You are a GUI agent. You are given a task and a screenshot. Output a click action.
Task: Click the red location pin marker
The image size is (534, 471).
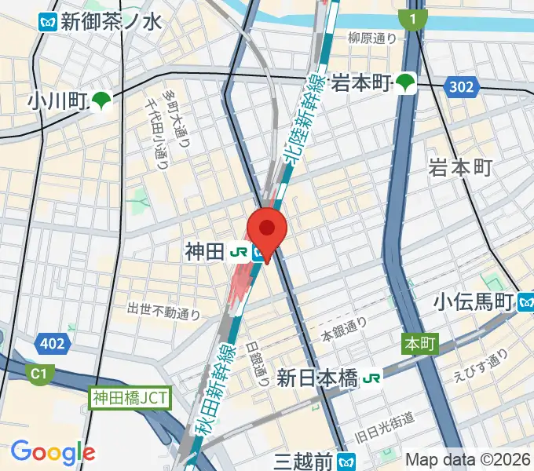pos(267,228)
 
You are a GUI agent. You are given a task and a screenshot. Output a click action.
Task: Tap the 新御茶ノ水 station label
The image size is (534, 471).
pos(110,21)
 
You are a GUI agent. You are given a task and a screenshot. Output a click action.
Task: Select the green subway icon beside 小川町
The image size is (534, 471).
pos(101,100)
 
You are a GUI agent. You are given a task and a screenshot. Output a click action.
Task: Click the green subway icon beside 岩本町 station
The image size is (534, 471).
pos(406,81)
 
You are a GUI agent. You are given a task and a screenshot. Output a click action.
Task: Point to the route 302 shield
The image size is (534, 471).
pos(463,86)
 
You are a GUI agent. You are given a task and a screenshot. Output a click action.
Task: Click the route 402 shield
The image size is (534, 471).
pos(53,342)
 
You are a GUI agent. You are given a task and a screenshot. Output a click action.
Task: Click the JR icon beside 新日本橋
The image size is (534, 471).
pos(371,378)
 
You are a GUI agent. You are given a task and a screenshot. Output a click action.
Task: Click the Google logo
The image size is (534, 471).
pos(53,452)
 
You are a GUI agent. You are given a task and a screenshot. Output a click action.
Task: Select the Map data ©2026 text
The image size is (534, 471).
pos(467,459)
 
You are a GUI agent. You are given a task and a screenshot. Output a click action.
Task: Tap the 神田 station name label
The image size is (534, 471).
pos(204,251)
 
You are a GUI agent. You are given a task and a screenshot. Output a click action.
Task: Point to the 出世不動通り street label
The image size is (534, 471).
pos(164,312)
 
